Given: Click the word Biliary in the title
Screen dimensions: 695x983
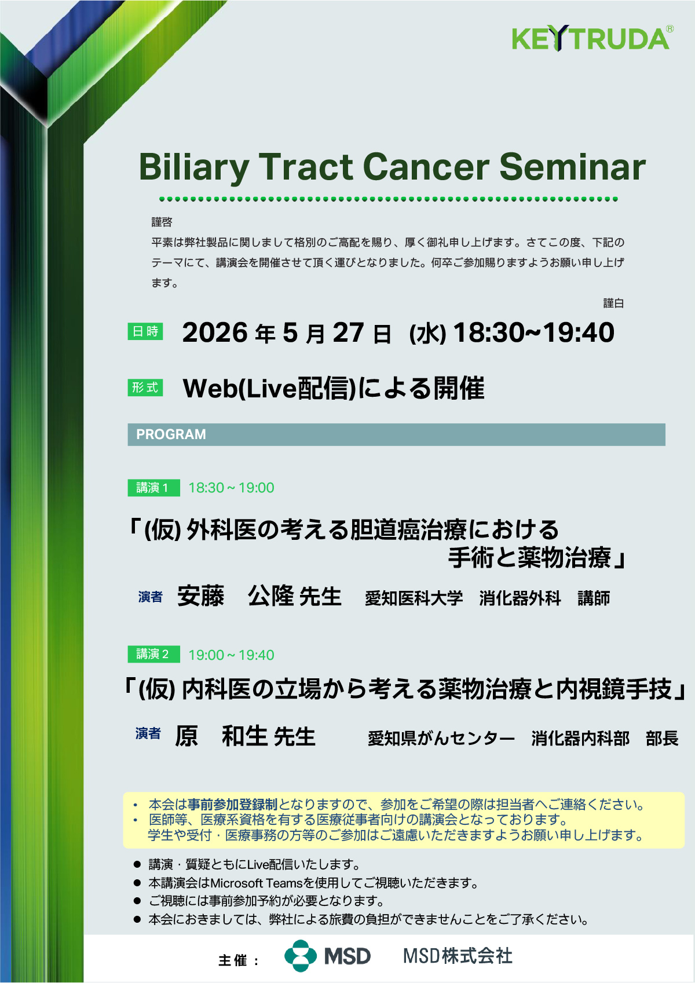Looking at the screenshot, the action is tap(194, 168).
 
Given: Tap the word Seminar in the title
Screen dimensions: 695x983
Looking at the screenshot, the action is tap(573, 167).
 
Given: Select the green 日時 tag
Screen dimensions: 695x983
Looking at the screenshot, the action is tap(145, 331).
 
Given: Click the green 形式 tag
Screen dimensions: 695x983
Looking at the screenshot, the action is tap(145, 388).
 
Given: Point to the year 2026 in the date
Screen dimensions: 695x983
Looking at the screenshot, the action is tap(215, 332).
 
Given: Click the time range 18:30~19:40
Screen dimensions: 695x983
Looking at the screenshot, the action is tap(533, 332).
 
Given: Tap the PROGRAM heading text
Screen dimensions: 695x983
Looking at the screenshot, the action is tap(171, 434).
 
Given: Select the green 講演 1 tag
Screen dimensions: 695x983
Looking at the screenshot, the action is tap(153, 488).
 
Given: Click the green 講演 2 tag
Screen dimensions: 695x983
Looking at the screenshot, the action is tap(153, 654).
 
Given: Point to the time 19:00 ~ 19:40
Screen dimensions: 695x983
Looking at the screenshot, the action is tap(231, 655).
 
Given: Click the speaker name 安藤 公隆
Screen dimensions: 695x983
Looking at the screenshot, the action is tap(236, 596).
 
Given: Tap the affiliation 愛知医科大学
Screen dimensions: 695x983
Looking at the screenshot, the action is tap(414, 598).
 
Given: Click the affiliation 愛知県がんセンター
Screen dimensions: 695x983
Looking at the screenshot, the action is tap(441, 739).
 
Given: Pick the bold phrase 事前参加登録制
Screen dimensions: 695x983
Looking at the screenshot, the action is tap(233, 805).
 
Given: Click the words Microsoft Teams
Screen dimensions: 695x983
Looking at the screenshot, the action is tap(257, 883).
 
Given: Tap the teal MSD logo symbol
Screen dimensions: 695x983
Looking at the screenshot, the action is tap(301, 956).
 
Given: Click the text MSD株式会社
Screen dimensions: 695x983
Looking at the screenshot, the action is tap(458, 956).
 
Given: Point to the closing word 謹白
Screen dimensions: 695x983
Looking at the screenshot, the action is tap(613, 303).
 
